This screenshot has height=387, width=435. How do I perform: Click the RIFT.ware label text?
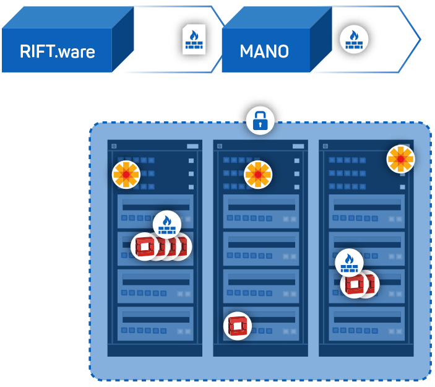[x=57, y=51]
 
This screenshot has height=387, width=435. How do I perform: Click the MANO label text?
[x=264, y=51]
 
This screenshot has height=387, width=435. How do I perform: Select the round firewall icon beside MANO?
[x=354, y=39]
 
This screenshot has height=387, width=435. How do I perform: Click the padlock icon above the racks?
[x=260, y=120]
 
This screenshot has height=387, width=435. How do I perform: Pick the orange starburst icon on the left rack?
[x=126, y=175]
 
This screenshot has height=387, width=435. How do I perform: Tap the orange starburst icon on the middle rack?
[x=258, y=175]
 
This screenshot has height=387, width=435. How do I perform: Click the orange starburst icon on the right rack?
[x=400, y=159]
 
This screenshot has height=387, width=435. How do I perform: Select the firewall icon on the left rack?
[x=166, y=224]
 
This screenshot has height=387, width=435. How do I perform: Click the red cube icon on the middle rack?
[x=238, y=325]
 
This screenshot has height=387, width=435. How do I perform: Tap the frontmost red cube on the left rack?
[x=145, y=246]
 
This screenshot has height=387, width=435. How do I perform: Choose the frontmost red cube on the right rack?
[x=355, y=284]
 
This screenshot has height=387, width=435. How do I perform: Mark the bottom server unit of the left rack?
[x=155, y=323]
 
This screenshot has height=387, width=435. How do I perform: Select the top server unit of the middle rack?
[x=261, y=211]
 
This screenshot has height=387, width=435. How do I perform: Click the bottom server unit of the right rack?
[x=366, y=323]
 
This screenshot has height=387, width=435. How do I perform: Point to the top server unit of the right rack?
[x=366, y=211]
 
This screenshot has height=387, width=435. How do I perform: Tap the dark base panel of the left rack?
[x=155, y=350]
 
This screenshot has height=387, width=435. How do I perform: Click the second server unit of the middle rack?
[x=261, y=248]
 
